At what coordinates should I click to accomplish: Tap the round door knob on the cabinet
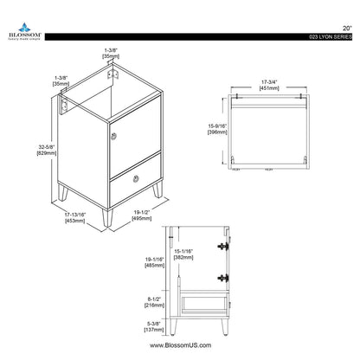tap(113, 135)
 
